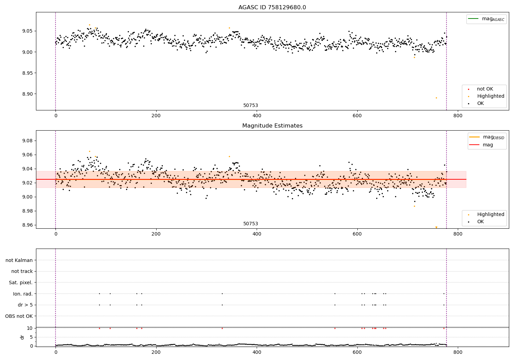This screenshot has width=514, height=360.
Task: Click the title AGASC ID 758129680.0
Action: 272,8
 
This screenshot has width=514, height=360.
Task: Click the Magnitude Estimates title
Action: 272,126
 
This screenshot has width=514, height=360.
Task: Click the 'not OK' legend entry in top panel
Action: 485,89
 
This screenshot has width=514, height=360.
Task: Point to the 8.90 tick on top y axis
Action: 27,94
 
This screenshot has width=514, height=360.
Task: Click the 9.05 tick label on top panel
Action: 27,31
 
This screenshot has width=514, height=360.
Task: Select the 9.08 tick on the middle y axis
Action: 27,141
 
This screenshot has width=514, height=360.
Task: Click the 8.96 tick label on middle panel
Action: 27,225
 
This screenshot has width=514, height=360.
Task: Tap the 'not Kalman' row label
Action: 19,260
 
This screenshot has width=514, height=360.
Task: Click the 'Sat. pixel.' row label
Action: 21,283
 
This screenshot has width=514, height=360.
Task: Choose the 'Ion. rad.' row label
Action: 23,294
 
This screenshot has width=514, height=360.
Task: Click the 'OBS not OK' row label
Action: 19,316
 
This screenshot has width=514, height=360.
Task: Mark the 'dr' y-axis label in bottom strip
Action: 22,337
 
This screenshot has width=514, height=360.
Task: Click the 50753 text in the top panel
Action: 250,106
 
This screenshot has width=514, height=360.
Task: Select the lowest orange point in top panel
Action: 436,98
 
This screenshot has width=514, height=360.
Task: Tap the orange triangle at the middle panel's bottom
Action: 436,227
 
